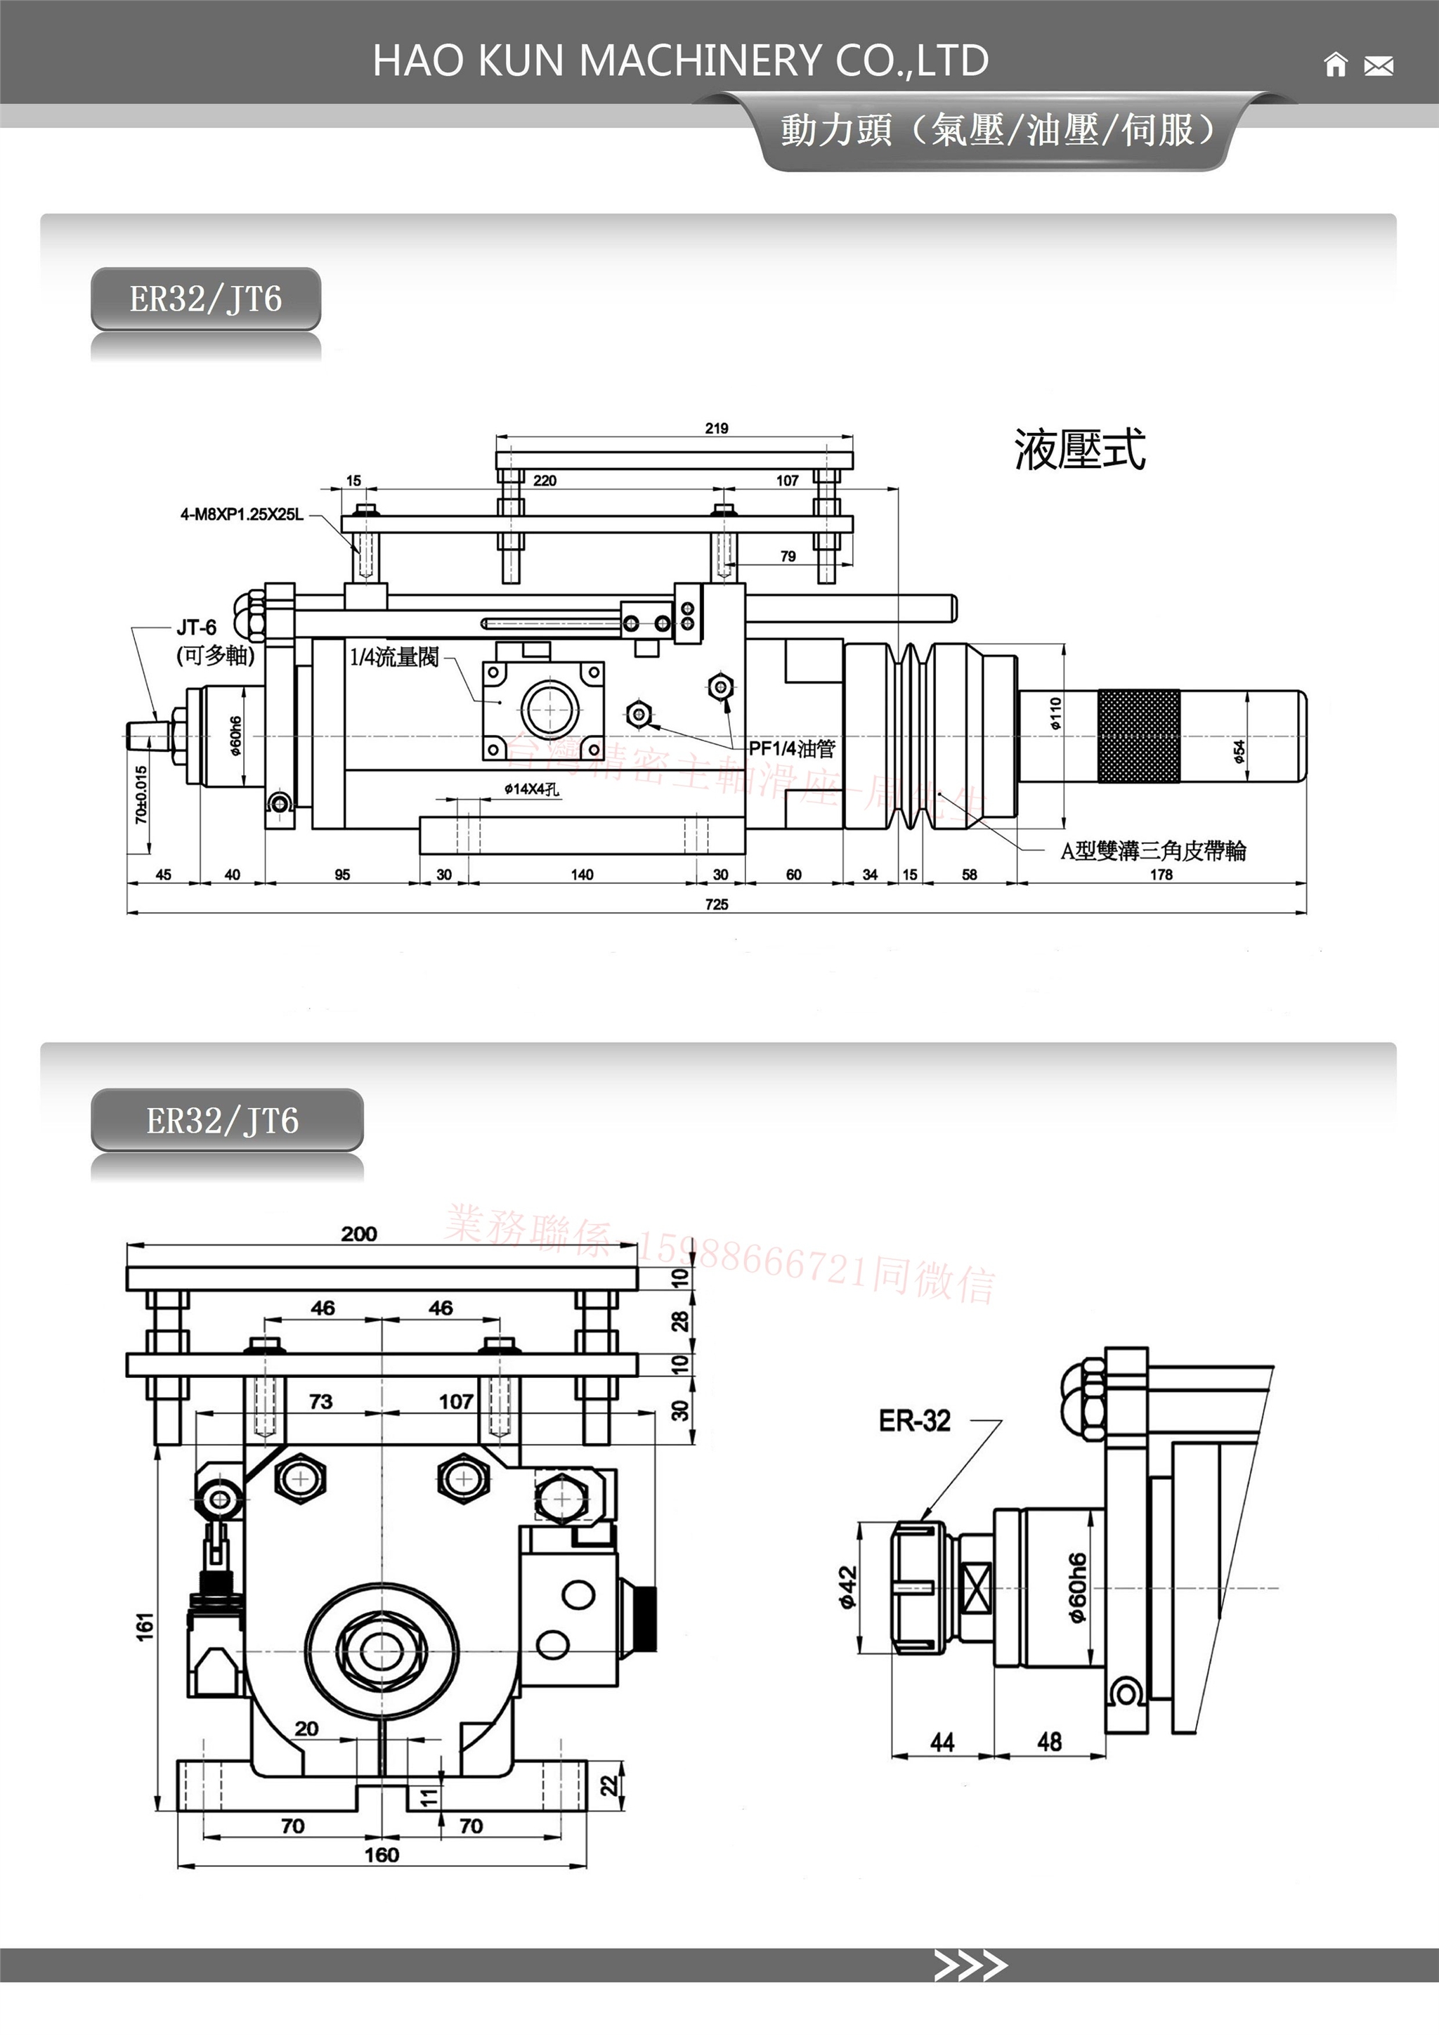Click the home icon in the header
click(1334, 65)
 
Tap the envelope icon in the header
click(1378, 65)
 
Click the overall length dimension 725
click(717, 904)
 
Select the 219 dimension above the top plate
click(717, 428)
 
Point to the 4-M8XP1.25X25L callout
click(242, 514)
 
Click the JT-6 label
click(196, 628)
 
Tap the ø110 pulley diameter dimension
click(1055, 713)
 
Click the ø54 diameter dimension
click(1239, 750)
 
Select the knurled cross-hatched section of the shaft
click(1138, 736)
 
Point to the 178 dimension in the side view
click(1161, 875)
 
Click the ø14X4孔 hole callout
click(532, 789)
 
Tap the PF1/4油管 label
click(791, 749)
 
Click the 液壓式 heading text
click(1079, 449)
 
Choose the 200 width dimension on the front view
click(359, 1234)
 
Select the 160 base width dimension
click(382, 1855)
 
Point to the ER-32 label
click(914, 1421)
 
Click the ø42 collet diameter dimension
click(848, 1587)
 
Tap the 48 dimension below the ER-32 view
click(1049, 1743)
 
